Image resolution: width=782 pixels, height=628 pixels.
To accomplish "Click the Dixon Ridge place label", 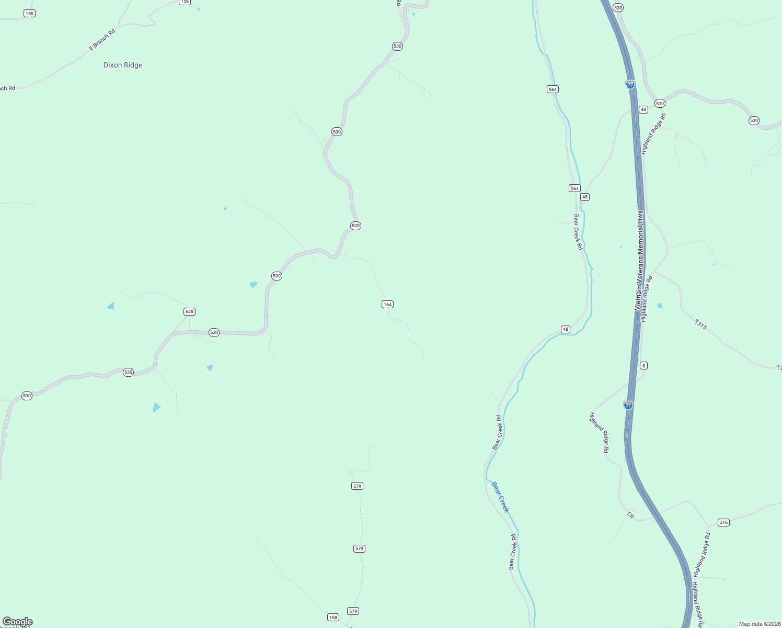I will [x=123, y=65].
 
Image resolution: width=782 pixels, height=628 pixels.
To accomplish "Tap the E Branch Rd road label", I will [x=102, y=40].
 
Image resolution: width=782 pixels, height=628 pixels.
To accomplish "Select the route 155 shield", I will [x=29, y=13].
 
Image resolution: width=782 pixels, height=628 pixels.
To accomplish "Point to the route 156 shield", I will [x=185, y=2].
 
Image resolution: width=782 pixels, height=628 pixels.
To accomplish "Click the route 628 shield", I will [x=189, y=311].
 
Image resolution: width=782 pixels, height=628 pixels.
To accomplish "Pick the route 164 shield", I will [x=387, y=304].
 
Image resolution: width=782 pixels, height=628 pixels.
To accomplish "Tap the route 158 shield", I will [x=333, y=617].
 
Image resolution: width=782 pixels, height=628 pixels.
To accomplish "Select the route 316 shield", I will [x=723, y=522].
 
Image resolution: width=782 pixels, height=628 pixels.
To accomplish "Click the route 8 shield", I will [x=643, y=365].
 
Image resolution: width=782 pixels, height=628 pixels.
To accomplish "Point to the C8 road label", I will [x=630, y=515].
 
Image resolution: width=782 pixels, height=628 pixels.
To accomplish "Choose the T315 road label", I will [x=701, y=324].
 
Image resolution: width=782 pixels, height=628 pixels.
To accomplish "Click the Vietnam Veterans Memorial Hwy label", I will [x=639, y=260].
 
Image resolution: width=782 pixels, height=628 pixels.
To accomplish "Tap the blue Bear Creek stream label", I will [x=500, y=497].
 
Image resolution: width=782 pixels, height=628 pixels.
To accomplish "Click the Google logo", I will [x=17, y=622].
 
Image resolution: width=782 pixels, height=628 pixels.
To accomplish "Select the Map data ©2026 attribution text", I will [x=760, y=624].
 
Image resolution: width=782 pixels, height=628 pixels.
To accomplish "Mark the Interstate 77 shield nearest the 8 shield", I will [x=628, y=405].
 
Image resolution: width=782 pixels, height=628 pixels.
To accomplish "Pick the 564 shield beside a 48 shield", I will [x=574, y=188].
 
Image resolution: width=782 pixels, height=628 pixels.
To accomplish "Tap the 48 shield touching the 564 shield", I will [x=585, y=197].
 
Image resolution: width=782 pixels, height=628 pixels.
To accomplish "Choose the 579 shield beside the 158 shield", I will [x=353, y=611].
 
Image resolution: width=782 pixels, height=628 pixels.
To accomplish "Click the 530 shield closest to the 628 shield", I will [x=214, y=332].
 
